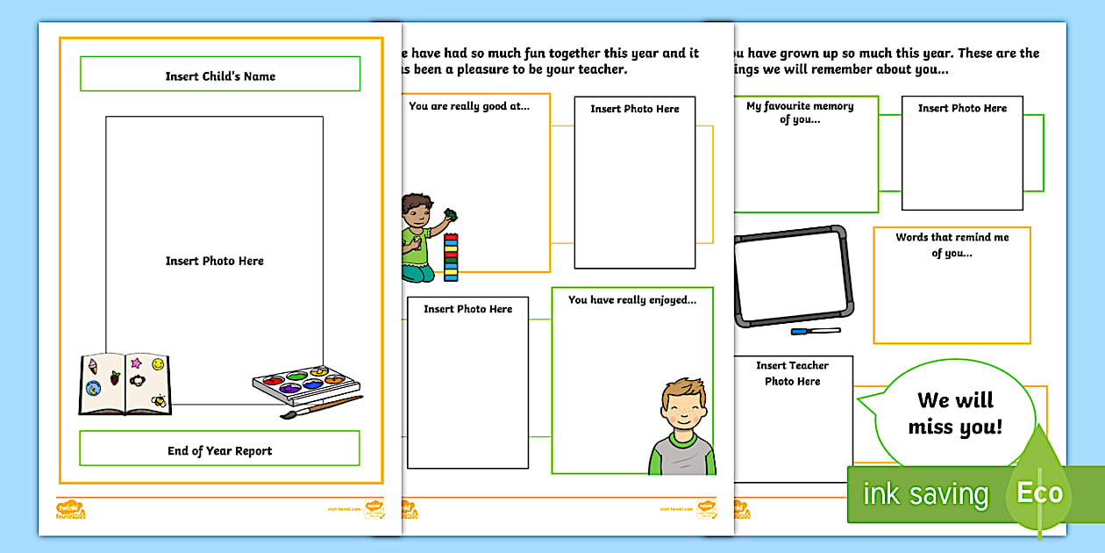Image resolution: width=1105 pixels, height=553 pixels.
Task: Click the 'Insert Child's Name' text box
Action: tap(220, 75)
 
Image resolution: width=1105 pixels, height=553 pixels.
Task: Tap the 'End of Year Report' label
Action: tap(220, 450)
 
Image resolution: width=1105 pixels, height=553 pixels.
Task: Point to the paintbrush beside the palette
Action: tap(321, 406)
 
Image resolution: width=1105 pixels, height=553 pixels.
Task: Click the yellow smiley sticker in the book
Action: tap(158, 363)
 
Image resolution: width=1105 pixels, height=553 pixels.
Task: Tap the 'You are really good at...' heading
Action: tap(470, 106)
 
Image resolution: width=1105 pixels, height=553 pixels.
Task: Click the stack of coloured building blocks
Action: tap(451, 257)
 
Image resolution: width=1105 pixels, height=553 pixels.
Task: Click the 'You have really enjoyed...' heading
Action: tap(632, 299)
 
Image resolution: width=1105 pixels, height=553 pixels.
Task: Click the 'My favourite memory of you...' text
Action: tap(800, 112)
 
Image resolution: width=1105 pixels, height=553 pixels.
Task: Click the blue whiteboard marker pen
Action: tap(815, 331)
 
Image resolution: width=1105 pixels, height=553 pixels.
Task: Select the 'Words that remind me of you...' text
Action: tap(952, 245)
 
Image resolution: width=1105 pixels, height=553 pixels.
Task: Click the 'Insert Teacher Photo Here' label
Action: tap(792, 373)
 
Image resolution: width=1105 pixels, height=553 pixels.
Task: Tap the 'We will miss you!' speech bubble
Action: tap(954, 413)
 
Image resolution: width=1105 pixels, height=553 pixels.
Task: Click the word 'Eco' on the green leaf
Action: tap(1040, 492)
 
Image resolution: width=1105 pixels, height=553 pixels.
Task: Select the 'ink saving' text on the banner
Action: tap(925, 494)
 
